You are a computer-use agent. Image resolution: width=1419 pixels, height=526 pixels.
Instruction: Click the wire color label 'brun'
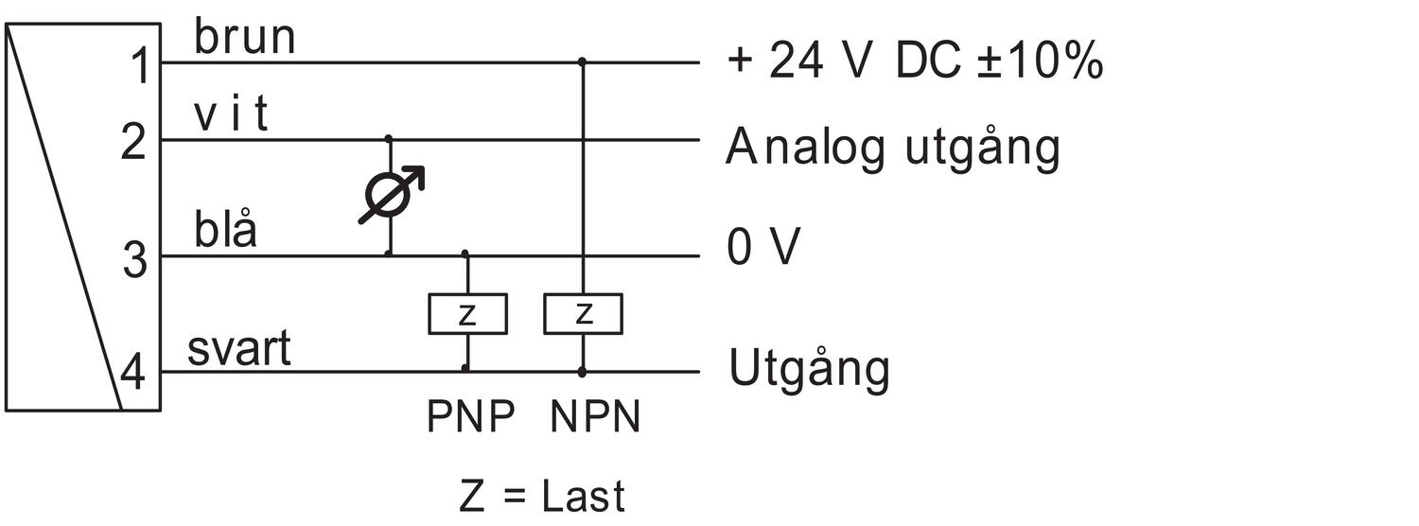pyautogui.click(x=244, y=38)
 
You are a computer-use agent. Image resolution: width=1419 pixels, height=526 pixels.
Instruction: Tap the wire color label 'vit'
pyautogui.click(x=231, y=115)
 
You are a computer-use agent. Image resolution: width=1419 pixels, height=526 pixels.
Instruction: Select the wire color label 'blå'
pyautogui.click(x=225, y=231)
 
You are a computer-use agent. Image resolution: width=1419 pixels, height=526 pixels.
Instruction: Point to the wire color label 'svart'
pyautogui.click(x=238, y=349)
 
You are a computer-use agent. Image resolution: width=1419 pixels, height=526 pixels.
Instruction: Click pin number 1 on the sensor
pyautogui.click(x=139, y=67)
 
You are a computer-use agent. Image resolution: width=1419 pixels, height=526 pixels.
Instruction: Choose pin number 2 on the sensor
pyautogui.click(x=135, y=143)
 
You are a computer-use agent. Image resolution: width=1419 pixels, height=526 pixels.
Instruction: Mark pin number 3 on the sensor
pyautogui.click(x=135, y=259)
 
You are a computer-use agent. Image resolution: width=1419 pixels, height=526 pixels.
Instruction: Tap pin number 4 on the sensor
pyautogui.click(x=133, y=375)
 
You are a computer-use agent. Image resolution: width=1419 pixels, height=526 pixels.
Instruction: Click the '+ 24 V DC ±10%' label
pyautogui.click(x=914, y=61)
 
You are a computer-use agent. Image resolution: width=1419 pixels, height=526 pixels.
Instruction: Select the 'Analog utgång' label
pyautogui.click(x=892, y=149)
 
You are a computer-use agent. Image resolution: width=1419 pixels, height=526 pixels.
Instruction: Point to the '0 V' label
pyautogui.click(x=763, y=248)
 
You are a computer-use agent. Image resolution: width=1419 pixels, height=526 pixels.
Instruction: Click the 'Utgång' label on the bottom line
pyautogui.click(x=809, y=369)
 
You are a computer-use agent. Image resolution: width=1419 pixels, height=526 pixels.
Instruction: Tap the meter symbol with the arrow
pyautogui.click(x=390, y=196)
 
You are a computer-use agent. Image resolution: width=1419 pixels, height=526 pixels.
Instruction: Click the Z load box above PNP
pyautogui.click(x=466, y=314)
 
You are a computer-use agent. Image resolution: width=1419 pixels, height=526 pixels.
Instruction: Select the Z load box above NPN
pyautogui.click(x=583, y=314)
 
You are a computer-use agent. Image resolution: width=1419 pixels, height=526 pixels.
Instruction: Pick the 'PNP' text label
pyautogui.click(x=471, y=417)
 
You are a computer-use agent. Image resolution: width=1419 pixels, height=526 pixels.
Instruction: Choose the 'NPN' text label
pyautogui.click(x=595, y=417)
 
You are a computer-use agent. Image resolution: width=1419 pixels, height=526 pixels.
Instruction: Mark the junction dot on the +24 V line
pyautogui.click(x=583, y=62)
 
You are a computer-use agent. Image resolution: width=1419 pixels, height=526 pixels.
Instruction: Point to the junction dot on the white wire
pyautogui.click(x=389, y=139)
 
